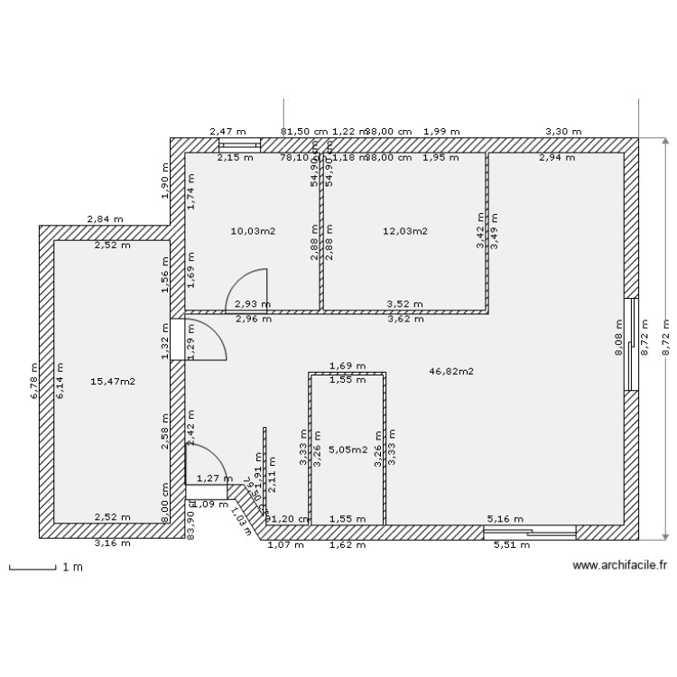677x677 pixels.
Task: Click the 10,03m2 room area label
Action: point(253,231)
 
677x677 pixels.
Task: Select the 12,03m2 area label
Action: point(404,231)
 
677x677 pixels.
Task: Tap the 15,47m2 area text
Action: point(113,382)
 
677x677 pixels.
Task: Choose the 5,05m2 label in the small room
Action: point(348,450)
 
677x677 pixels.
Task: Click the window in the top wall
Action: point(240,144)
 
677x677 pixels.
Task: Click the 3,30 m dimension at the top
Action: point(563,132)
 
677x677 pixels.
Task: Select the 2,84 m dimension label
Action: point(105,219)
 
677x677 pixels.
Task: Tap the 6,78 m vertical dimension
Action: point(33,381)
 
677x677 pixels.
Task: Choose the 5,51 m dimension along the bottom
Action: point(511,544)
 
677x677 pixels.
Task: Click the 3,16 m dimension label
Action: point(113,544)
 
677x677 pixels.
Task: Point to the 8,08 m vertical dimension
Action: point(618,338)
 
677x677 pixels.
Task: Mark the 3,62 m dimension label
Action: point(404,319)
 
